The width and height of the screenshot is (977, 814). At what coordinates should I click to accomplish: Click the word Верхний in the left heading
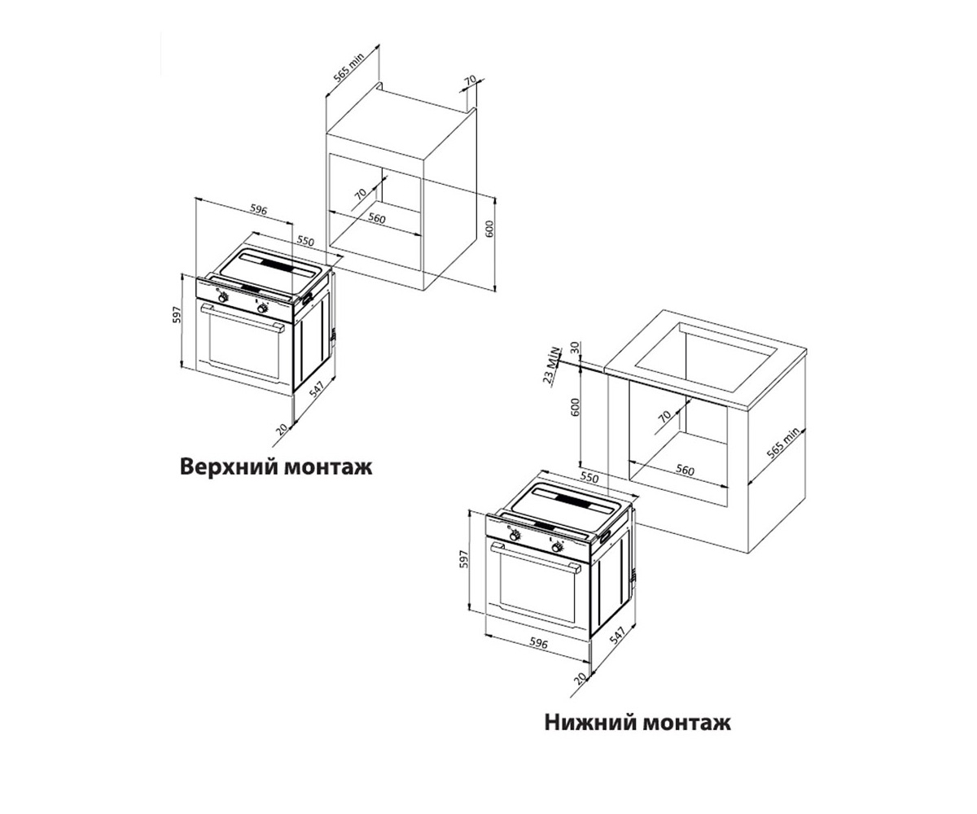pos(230,467)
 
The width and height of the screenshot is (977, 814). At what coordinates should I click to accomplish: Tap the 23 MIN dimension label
pos(552,365)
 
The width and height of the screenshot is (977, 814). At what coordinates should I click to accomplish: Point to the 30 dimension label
pos(576,348)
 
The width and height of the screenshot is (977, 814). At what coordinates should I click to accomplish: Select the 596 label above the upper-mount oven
pos(259,210)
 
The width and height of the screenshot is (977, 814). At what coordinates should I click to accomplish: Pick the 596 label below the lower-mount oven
pos(538,644)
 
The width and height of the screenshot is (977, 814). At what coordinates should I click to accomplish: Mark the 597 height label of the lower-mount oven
pos(463,559)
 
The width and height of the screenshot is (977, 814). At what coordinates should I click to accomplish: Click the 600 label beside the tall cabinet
pos(489,229)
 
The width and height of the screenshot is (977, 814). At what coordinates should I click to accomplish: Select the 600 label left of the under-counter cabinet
pos(575,407)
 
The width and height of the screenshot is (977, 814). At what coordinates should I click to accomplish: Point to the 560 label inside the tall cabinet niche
pos(377,218)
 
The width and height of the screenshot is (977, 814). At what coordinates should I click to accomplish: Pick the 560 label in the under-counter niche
pos(685,470)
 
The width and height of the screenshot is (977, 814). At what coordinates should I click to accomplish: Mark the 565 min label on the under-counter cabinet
pos(783,444)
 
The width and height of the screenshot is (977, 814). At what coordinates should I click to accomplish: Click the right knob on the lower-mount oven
pos(557,548)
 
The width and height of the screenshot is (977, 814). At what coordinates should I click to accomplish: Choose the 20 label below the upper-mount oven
pos(281,429)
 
